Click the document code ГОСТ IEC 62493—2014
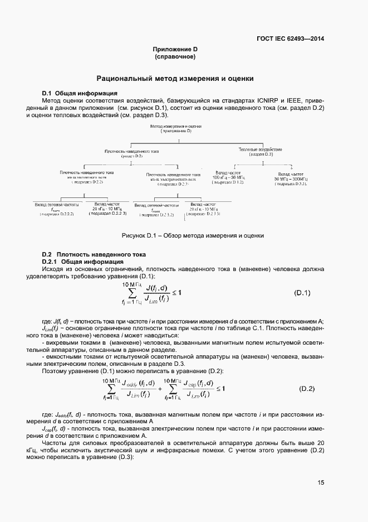(290, 39)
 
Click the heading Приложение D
(175, 49)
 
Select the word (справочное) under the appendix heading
(175, 56)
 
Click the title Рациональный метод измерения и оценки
(175, 79)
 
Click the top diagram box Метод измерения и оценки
(175, 129)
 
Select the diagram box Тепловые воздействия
(260, 151)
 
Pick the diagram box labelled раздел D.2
(131, 154)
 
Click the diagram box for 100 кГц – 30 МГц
(228, 178)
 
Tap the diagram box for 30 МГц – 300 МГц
(291, 178)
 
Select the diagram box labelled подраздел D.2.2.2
(56, 209)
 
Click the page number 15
(321, 483)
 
